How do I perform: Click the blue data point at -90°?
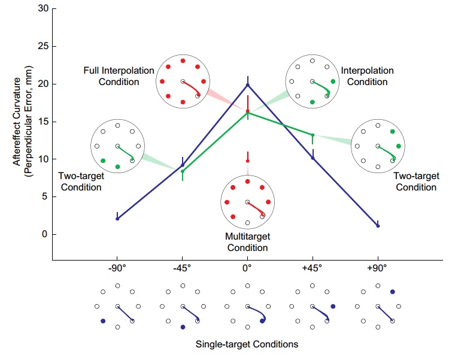click(x=117, y=219)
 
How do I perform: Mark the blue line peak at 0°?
click(x=248, y=84)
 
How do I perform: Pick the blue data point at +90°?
click(x=378, y=226)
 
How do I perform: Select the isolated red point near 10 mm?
click(x=248, y=161)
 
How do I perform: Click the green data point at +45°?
click(x=313, y=135)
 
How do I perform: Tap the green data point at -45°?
click(x=183, y=171)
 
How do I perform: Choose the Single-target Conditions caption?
click(x=247, y=344)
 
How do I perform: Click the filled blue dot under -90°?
click(x=103, y=321)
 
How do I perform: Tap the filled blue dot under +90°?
click(x=392, y=292)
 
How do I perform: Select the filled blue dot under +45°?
click(x=333, y=306)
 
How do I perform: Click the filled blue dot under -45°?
click(x=183, y=327)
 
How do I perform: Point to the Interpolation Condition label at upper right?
click(x=367, y=75)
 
